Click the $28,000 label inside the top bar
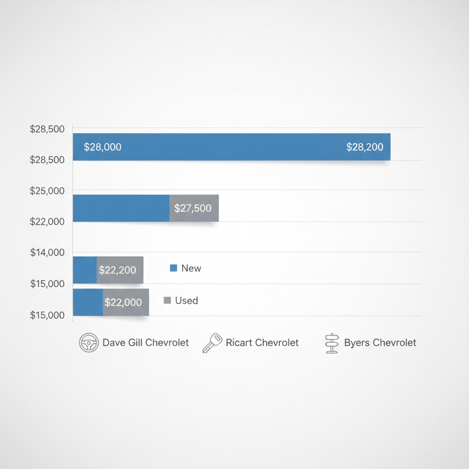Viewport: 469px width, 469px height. (x=103, y=147)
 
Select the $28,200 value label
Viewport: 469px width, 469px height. (x=365, y=147)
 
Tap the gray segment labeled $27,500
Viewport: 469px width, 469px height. (x=194, y=208)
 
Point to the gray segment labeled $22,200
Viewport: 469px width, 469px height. (x=120, y=270)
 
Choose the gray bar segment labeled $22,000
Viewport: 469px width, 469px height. (x=125, y=302)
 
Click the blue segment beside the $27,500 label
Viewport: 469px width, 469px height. (x=121, y=208)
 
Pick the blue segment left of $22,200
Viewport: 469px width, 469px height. (x=85, y=270)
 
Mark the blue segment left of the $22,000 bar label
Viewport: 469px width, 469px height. (x=88, y=302)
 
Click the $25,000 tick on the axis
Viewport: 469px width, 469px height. (x=47, y=190)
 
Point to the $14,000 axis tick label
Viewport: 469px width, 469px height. (x=47, y=252)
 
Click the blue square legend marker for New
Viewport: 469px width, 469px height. (x=174, y=268)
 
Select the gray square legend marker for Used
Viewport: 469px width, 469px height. (x=167, y=300)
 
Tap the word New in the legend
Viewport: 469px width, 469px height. (x=191, y=268)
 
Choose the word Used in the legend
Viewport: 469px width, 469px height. (x=186, y=300)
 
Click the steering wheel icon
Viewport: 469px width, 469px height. (x=88, y=343)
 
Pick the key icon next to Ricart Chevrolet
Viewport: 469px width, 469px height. (x=212, y=343)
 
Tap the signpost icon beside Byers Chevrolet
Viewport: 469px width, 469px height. (x=331, y=343)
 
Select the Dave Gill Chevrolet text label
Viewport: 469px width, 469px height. (x=146, y=343)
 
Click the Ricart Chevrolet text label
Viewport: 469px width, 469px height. (x=262, y=343)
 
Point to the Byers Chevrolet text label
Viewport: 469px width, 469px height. (x=380, y=343)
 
